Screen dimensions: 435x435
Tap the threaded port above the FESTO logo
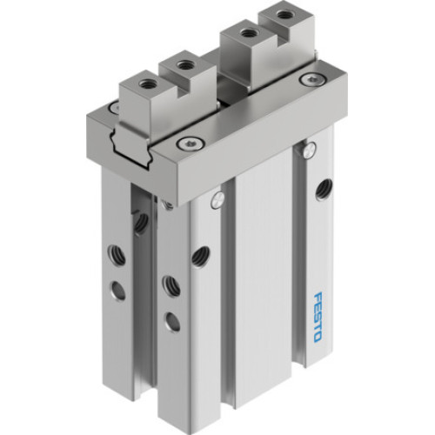pos(325,185)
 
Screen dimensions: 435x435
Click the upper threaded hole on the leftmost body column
pos(139,223)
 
